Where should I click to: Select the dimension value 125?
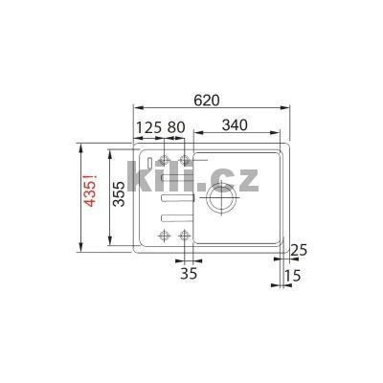(146, 126)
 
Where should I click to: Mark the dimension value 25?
(300, 251)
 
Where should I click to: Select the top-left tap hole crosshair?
(163, 159)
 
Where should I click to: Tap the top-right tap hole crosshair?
(181, 159)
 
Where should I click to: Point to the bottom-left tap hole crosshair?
(163, 234)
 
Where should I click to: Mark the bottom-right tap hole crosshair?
(181, 234)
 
